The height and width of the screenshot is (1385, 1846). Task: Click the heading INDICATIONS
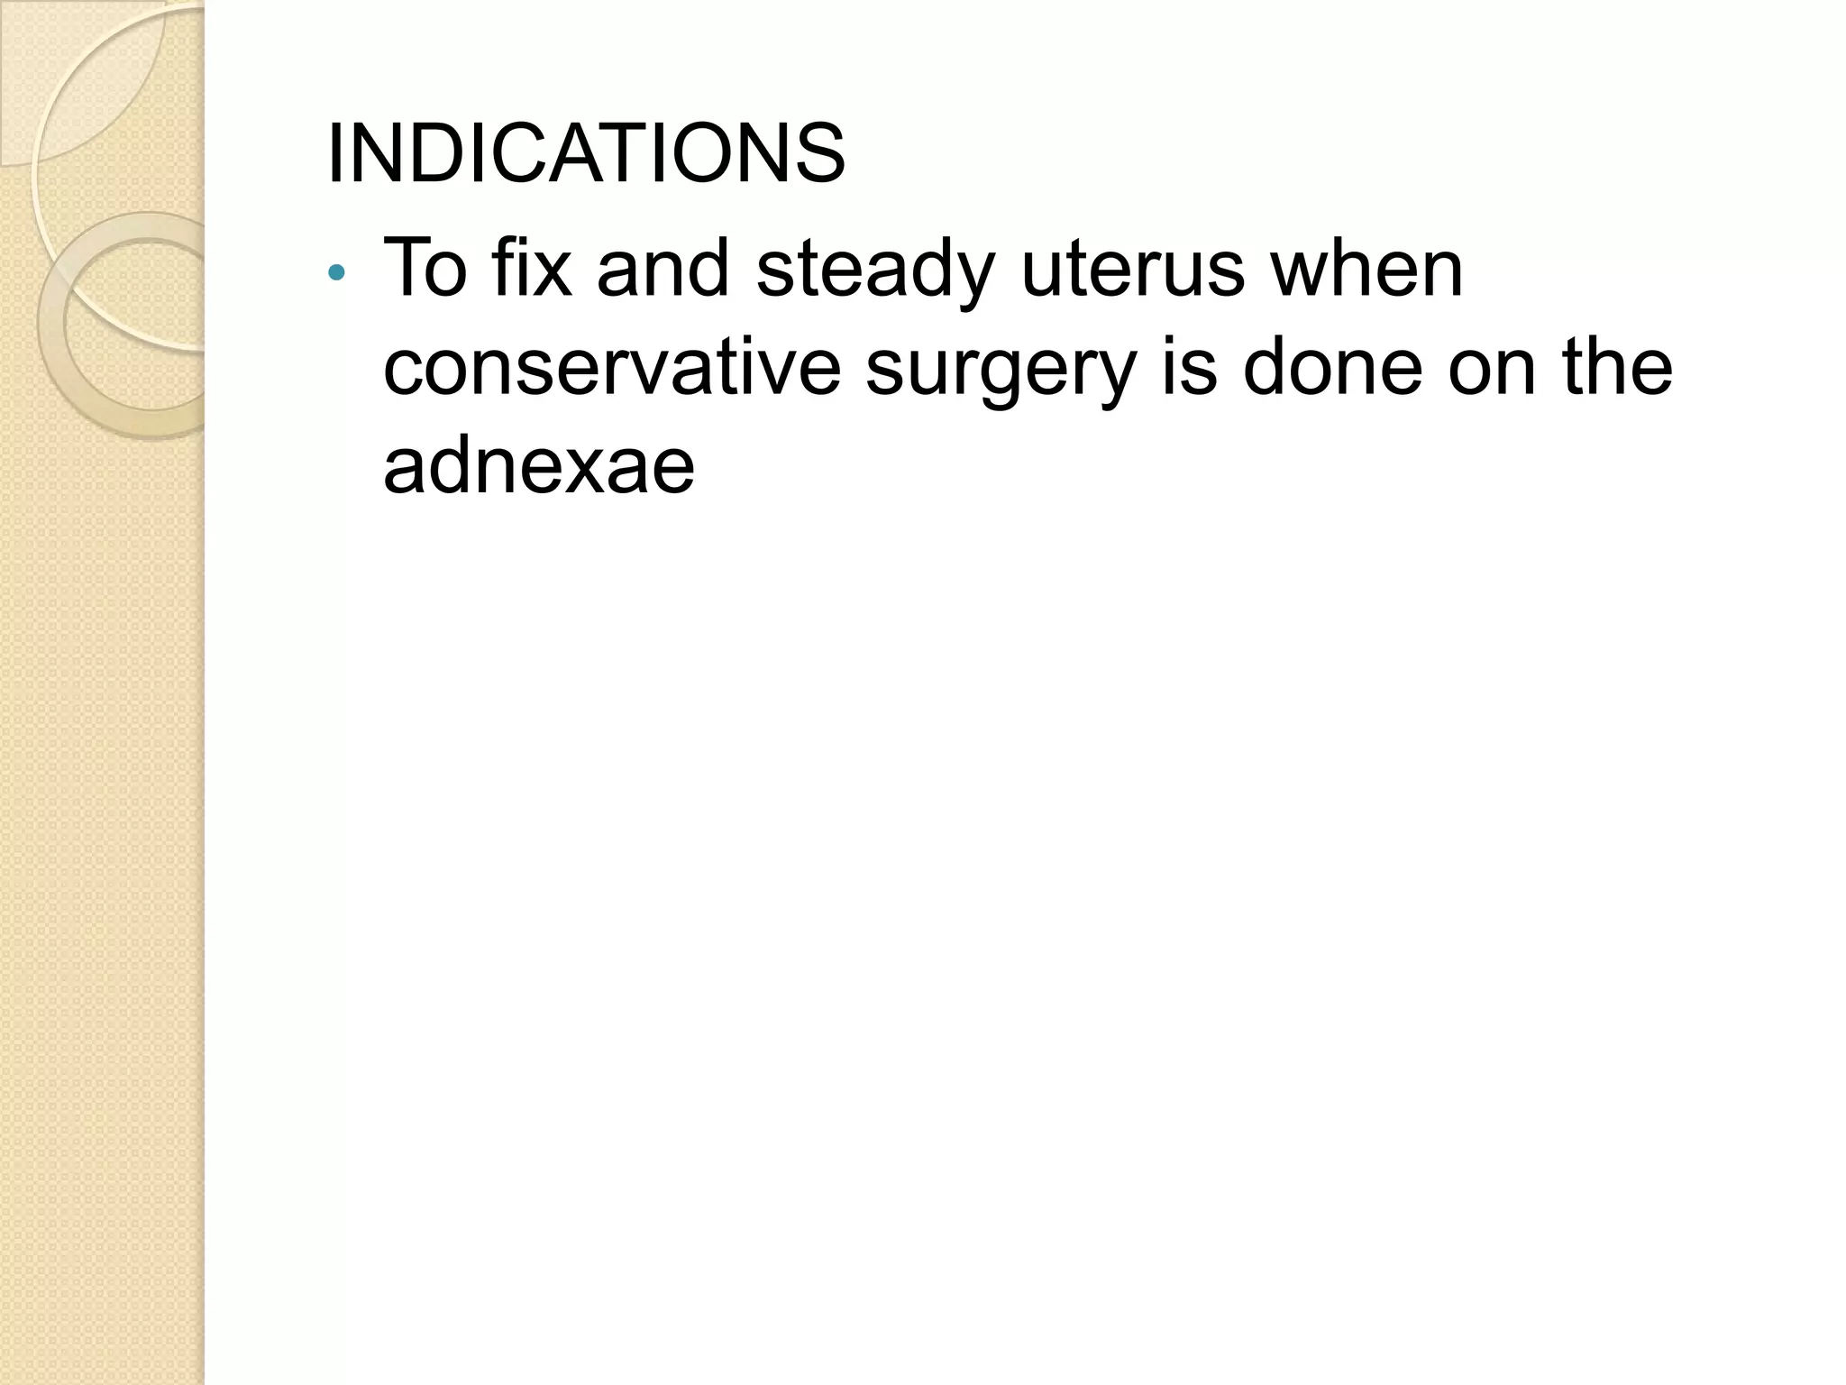point(586,153)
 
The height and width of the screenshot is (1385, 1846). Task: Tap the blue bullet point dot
point(336,271)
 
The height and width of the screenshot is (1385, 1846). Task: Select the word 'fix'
point(532,268)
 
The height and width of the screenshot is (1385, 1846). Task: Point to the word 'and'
point(663,268)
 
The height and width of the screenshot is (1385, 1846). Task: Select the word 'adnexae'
point(539,467)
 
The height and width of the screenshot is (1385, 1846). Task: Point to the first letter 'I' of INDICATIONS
point(335,153)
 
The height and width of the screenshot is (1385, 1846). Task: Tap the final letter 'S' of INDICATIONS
point(819,153)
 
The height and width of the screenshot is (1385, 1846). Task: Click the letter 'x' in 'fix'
point(553,270)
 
